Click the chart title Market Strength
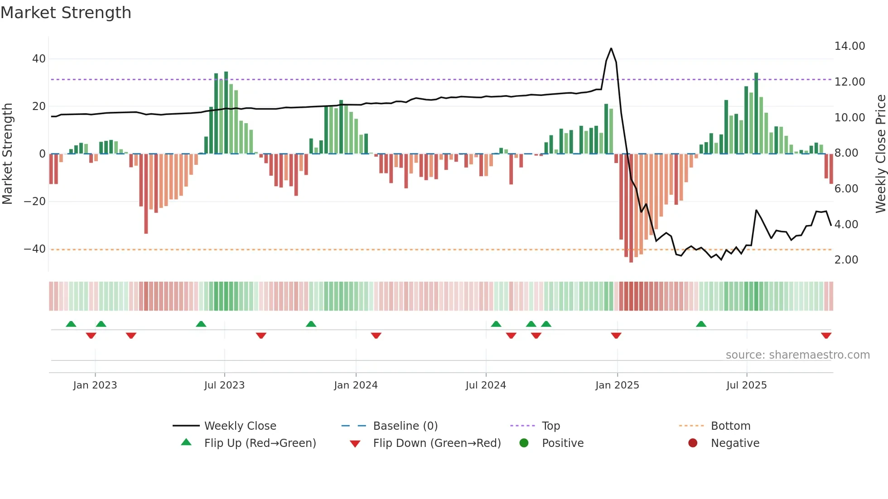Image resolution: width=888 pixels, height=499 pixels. coord(66,13)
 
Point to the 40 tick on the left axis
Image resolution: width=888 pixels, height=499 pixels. coord(39,59)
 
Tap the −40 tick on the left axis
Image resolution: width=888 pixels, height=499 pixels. coord(34,249)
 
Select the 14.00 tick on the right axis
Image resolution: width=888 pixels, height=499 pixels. coord(849,46)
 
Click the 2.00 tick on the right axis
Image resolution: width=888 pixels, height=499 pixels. coord(846,260)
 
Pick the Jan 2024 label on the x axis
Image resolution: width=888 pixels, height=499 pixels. coord(356,385)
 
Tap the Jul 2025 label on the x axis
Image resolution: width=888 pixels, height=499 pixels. coord(746,385)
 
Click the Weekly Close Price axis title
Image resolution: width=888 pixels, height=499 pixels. coord(880,154)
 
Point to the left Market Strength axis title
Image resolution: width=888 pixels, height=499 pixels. coord(7,154)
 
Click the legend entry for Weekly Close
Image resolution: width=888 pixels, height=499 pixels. coord(240,426)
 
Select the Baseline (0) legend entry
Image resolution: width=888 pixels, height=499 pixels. coord(405,426)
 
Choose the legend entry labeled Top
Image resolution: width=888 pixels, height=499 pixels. coord(550,426)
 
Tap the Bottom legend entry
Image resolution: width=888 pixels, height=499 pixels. coord(730,426)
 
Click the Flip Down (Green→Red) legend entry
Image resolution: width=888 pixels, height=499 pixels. coord(436,443)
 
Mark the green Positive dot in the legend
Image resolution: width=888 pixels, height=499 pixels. coord(524,443)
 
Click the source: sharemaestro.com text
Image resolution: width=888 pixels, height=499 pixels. coord(797,355)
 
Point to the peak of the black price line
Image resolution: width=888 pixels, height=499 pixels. coord(611,48)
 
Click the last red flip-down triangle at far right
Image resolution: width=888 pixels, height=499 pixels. coord(826,336)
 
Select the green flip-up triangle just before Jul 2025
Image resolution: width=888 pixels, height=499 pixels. coord(701,324)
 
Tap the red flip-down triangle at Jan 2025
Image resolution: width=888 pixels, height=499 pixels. coord(616,336)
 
